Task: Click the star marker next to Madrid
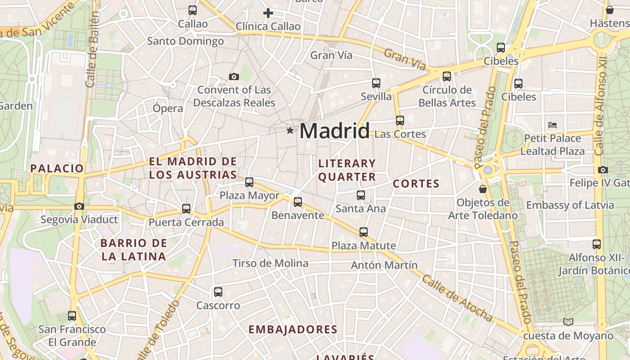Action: point(290,130)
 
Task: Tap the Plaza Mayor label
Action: point(249,196)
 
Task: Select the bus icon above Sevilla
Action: point(376,83)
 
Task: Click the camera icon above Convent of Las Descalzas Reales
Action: point(234,77)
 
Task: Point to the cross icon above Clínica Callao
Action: point(268,13)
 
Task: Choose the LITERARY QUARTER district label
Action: point(347,170)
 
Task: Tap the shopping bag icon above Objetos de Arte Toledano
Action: point(483,189)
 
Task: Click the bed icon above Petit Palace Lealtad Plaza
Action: point(553,125)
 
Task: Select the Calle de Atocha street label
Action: point(457,298)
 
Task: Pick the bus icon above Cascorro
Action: point(218,292)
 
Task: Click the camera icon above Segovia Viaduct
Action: point(79,207)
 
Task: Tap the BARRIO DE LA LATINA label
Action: point(134,250)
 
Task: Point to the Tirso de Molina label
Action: point(270,263)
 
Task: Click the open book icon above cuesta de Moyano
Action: point(568,322)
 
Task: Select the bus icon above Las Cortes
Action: point(400,121)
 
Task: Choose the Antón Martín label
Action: point(384,265)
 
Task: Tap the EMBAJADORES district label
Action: point(293,329)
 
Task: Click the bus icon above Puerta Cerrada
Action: point(186,209)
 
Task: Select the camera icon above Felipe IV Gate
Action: point(603,170)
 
